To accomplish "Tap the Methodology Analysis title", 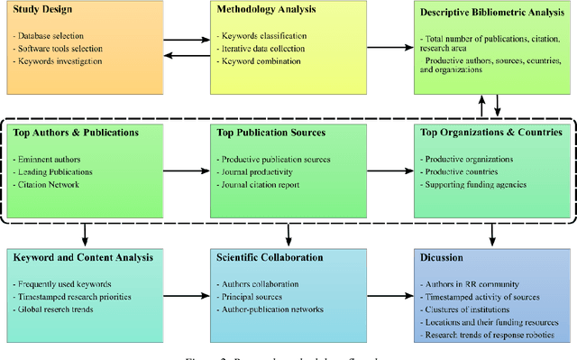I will coord(266,10).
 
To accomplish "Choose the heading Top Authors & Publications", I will coord(76,133).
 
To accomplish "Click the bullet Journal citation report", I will coord(263,185).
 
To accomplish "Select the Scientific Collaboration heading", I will coord(269,257).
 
